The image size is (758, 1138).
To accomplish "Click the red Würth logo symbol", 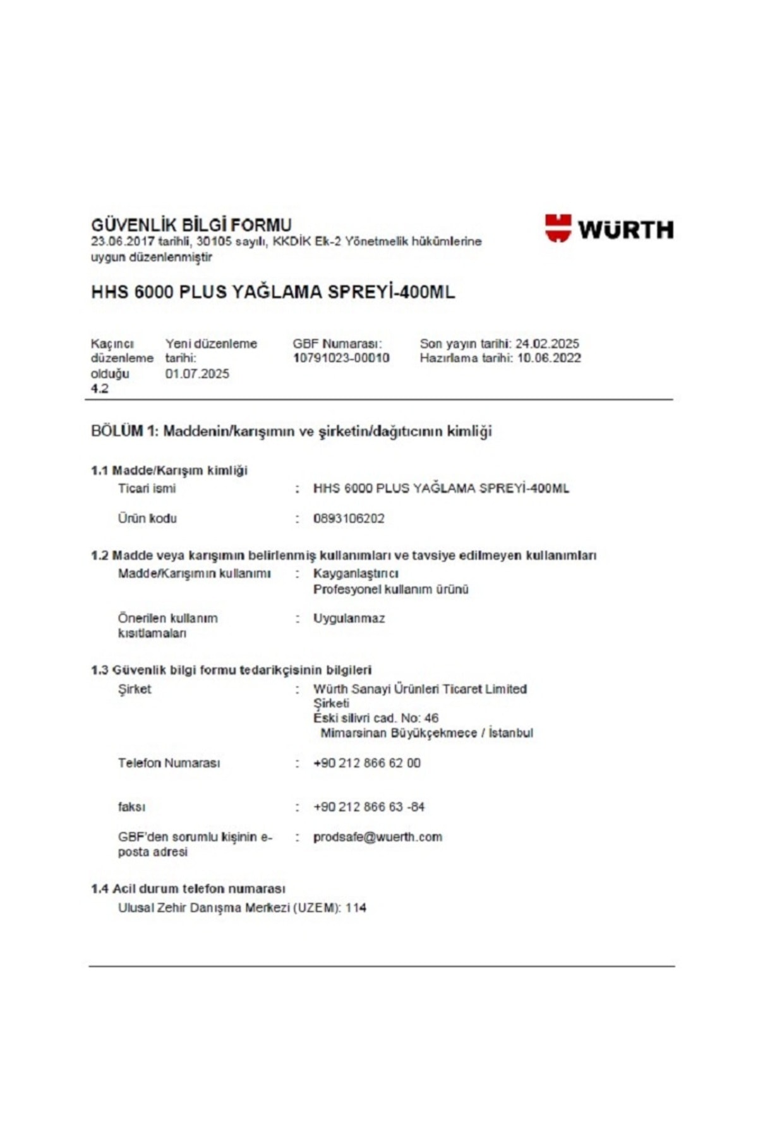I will pyautogui.click(x=558, y=228).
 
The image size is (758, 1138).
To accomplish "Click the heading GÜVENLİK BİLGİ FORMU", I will pyautogui.click(x=191, y=225).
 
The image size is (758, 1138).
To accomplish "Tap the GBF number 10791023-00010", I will pyautogui.click(x=341, y=358).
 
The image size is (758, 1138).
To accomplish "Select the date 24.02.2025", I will pyautogui.click(x=547, y=344).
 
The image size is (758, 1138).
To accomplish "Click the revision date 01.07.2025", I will pyautogui.click(x=197, y=374).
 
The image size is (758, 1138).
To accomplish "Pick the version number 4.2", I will pyautogui.click(x=100, y=389).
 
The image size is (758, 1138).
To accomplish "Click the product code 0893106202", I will pyautogui.click(x=349, y=518).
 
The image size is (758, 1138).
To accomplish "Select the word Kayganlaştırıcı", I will pyautogui.click(x=356, y=573).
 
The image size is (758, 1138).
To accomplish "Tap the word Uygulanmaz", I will pyautogui.click(x=349, y=618).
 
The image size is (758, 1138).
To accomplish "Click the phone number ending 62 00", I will pyautogui.click(x=366, y=763).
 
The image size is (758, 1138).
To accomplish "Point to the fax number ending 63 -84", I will pyautogui.click(x=369, y=807).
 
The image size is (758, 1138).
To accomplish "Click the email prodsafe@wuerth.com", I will pyautogui.click(x=378, y=837).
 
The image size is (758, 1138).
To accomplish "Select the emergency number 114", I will pyautogui.click(x=356, y=908).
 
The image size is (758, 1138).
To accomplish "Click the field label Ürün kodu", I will pyautogui.click(x=147, y=518).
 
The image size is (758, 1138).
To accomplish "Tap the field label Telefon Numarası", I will pyautogui.click(x=169, y=763).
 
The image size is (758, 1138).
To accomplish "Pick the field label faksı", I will pyautogui.click(x=131, y=807).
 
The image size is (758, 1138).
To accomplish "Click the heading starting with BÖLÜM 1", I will pyautogui.click(x=291, y=432).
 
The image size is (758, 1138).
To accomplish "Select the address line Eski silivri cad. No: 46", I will pyautogui.click(x=376, y=718).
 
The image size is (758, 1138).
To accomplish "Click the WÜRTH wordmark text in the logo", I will pyautogui.click(x=625, y=229).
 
